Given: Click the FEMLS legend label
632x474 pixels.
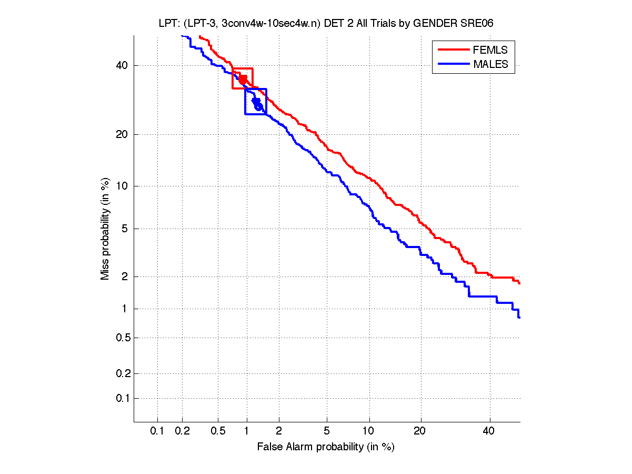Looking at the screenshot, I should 490,50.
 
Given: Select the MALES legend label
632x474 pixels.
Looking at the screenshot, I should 490,64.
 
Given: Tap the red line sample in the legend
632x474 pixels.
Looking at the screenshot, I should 453,50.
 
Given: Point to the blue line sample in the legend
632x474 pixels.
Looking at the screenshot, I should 453,64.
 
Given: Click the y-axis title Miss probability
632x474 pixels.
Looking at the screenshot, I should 105,229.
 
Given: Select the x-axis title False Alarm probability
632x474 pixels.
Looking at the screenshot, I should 326,447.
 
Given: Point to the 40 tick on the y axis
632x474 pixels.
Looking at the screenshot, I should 122,66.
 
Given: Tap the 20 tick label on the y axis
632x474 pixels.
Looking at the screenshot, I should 122,134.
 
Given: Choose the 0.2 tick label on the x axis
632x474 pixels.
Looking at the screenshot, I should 183,431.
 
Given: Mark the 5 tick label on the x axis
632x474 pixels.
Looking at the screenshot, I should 327,431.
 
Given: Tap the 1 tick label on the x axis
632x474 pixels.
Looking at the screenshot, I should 247,431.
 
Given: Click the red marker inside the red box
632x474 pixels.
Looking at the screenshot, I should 243,80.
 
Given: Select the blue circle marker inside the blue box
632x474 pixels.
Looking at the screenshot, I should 258,107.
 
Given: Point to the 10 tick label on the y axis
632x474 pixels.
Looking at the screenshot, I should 122,186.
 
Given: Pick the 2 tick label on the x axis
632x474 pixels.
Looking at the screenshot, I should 279,431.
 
